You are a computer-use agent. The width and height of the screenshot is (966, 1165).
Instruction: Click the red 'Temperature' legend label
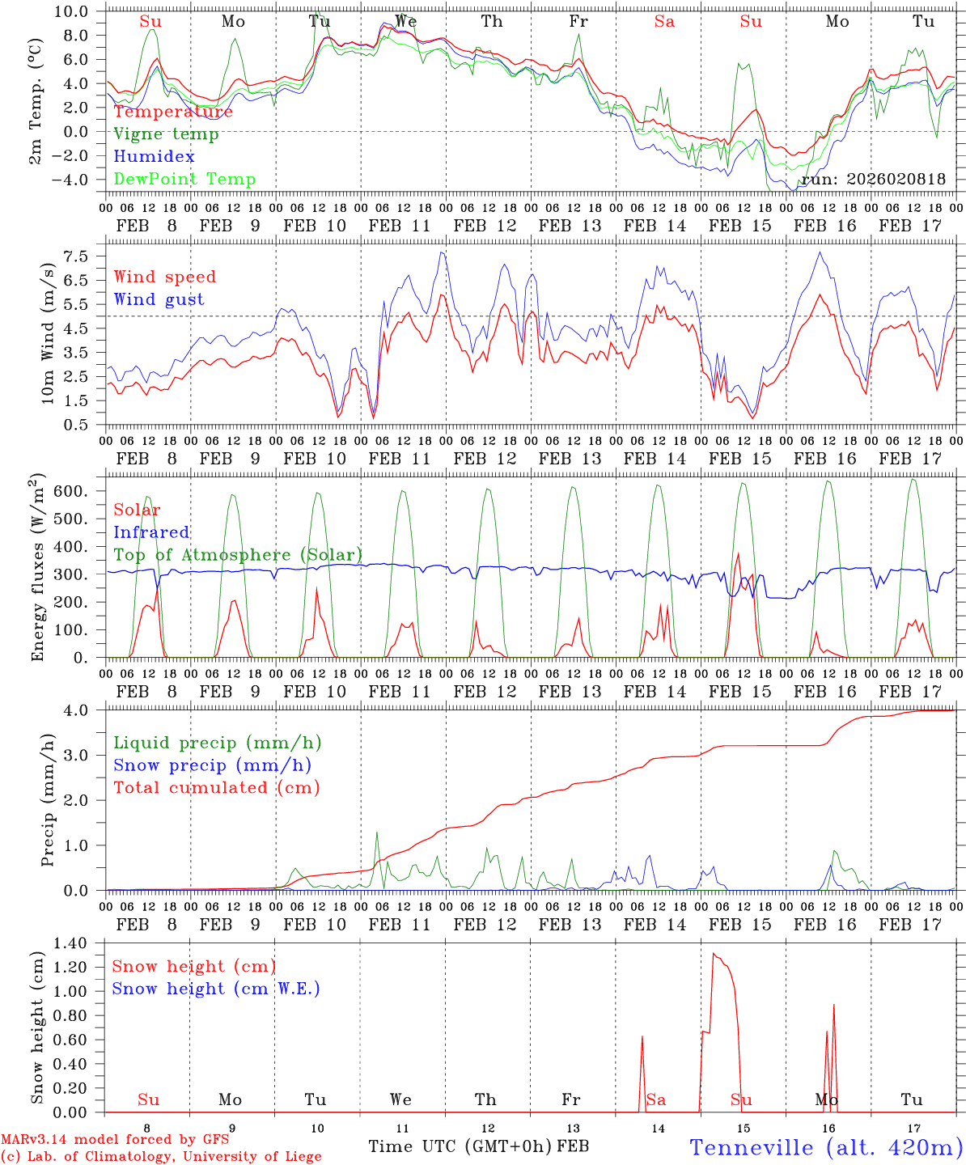pos(173,112)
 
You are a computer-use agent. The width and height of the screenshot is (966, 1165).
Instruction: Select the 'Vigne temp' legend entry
pos(166,134)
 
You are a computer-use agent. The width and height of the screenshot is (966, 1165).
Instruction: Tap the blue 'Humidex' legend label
pos(155,157)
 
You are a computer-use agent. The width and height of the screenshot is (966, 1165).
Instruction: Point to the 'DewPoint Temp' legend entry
pos(184,180)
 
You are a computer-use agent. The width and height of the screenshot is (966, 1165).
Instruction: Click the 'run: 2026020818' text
pos(873,180)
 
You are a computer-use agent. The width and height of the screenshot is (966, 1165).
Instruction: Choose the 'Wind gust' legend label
pos(159,299)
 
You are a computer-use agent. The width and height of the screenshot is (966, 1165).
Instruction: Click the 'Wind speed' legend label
pos(165,277)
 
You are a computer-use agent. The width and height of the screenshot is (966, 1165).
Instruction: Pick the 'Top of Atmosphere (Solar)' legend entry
pos(238,555)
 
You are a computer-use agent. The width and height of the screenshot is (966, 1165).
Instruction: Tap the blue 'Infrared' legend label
pos(151,532)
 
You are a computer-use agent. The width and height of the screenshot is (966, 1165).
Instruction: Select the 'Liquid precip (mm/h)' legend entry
pos(218,743)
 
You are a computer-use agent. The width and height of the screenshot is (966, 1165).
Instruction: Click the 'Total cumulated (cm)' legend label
pos(217,788)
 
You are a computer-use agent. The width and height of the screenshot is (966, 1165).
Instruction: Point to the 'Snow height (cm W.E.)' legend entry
pos(216,989)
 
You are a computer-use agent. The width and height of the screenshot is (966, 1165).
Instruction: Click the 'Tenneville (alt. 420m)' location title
pos(826,1147)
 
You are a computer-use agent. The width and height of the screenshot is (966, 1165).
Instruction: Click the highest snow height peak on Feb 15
pos(713,954)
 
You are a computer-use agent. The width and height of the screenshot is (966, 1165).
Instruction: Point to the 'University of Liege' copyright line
pos(161,1157)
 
